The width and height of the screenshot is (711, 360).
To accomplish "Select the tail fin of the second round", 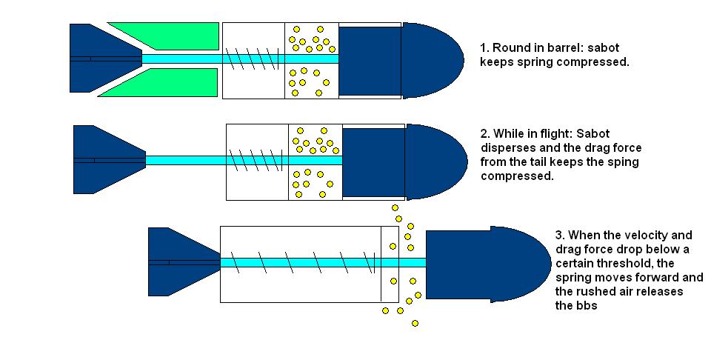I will click(100, 159).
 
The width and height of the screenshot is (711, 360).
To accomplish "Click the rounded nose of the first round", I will click(433, 59).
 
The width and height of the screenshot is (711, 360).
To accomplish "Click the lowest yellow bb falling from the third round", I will click(415, 323).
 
